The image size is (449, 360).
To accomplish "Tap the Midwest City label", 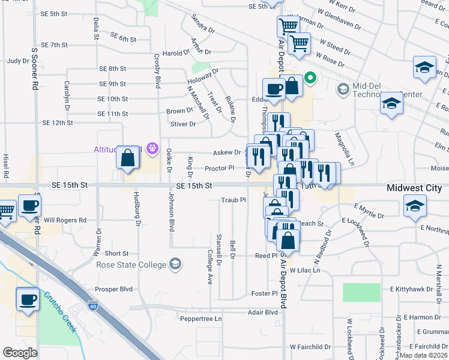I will pos(414,188).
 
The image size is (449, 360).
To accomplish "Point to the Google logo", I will pos(20,352).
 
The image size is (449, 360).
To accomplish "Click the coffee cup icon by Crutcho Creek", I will pos(27,300).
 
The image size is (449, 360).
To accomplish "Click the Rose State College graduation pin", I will pos(175,264).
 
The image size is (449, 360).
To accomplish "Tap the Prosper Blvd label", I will pos(114,289).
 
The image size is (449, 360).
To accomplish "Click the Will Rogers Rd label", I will pos(65,220).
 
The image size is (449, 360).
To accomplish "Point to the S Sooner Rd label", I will pos(35,66).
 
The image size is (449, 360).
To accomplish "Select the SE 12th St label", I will pos(58,122).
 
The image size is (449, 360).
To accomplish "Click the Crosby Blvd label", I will pos(157,70).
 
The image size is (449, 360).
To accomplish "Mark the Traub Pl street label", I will pos(234,200).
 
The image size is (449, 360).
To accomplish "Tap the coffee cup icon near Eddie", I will pos(274,89).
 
